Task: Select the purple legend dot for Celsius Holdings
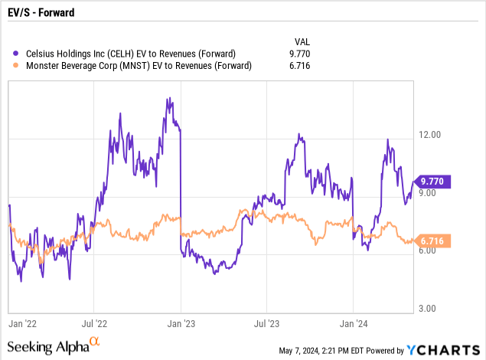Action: [17, 53]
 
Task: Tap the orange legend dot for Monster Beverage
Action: [17, 66]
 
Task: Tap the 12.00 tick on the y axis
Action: [431, 135]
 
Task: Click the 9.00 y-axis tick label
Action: [431, 193]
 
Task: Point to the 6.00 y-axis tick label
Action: [431, 250]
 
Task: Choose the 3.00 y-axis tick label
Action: [431, 309]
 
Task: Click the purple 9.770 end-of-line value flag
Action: [434, 182]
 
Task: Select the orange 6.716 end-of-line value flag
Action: [434, 241]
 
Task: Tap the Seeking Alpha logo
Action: [54, 346]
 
